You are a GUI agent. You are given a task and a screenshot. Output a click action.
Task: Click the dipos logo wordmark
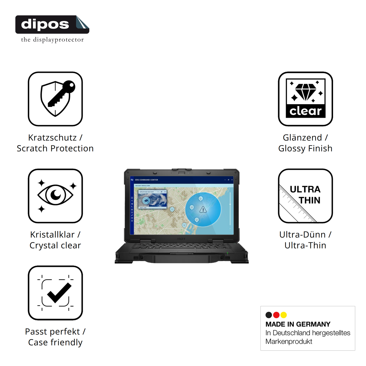coord(45,24)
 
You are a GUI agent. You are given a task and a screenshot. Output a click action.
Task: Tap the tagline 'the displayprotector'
coord(52,40)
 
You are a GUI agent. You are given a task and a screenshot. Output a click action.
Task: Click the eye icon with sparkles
coord(55,195)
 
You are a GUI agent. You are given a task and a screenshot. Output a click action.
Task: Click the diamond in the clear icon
coord(305,92)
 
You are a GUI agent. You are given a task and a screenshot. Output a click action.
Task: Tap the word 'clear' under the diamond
coord(305,111)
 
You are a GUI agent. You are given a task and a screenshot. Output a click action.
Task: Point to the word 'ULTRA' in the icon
coord(305,189)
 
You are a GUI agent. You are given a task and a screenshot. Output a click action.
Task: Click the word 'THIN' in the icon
coord(309,200)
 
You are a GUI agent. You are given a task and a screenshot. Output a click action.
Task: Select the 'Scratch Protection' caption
coord(55,148)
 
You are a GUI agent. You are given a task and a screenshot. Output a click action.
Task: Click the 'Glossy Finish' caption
coord(305,148)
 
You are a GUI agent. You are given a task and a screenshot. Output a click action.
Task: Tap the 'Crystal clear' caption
coord(55,245)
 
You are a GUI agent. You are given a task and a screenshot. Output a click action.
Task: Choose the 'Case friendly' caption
coord(55,342)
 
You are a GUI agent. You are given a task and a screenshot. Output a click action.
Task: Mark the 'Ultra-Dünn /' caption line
coord(305,235)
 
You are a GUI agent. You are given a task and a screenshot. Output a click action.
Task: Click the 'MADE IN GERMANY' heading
coord(298,324)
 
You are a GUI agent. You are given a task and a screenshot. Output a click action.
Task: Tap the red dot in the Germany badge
coord(276,315)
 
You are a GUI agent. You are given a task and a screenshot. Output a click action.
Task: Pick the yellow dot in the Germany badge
coord(284,315)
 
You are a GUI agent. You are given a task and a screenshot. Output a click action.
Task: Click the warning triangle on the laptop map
coord(203,209)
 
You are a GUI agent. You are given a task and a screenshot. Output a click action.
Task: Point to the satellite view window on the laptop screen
coord(152,199)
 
